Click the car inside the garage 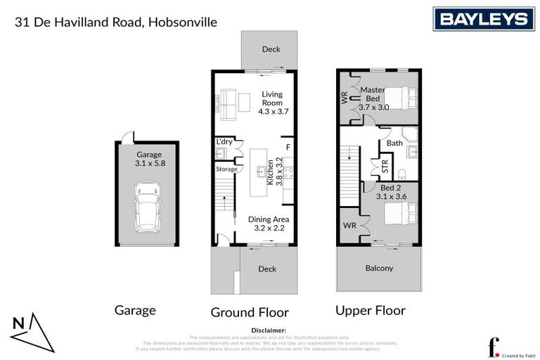[x=147, y=207]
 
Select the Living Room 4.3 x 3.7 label [x=273, y=103]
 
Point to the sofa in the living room [x=228, y=103]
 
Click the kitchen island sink [x=261, y=170]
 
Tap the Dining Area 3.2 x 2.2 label [x=269, y=223]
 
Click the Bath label [x=394, y=143]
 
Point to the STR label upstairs [x=385, y=167]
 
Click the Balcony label [x=379, y=268]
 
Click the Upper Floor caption [x=370, y=310]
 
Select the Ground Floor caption [x=250, y=311]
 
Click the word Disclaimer [x=268, y=330]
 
